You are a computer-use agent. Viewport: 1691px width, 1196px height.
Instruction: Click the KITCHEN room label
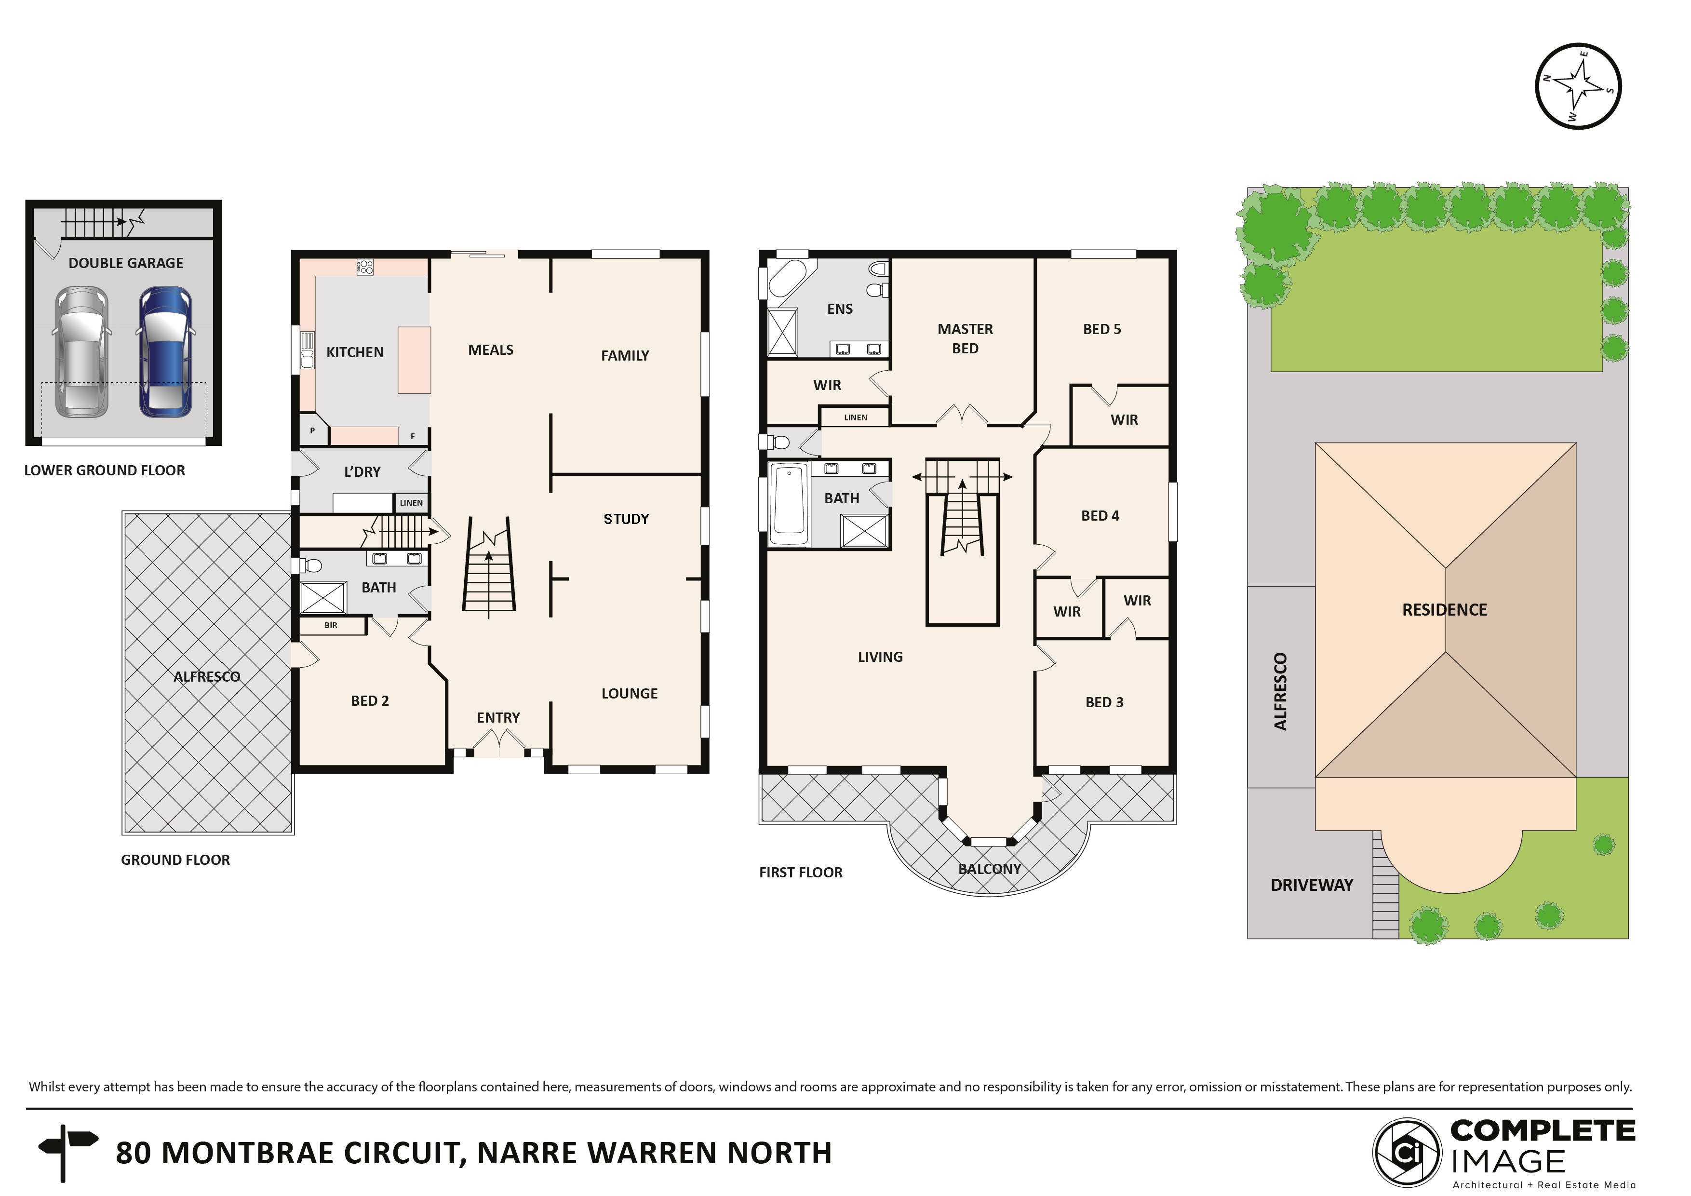[x=354, y=352]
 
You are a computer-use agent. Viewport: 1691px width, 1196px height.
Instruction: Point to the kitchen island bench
[x=414, y=360]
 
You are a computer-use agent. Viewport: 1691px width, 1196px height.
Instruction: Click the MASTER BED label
[x=965, y=338]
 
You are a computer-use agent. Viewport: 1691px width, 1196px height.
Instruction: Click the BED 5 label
[x=1102, y=329]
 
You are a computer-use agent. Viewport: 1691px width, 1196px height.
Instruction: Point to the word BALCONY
[x=989, y=869]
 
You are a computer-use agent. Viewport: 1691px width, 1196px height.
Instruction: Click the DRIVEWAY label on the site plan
[x=1312, y=885]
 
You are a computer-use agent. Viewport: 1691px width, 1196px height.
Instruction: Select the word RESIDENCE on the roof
[x=1444, y=610]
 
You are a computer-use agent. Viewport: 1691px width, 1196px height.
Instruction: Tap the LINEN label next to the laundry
[x=411, y=503]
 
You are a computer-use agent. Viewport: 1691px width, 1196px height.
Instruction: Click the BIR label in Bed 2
[x=331, y=625]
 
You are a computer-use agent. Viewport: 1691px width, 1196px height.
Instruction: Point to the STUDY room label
[x=626, y=519]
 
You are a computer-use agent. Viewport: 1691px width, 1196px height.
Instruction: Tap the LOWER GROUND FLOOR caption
[x=105, y=470]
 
